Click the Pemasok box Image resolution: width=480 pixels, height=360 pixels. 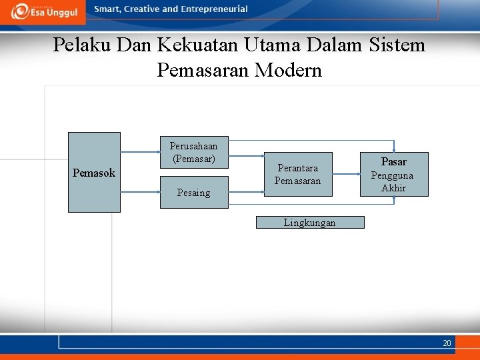tap(94, 173)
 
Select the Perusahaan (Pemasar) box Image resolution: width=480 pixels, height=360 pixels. tap(193, 153)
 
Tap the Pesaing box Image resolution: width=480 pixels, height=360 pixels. tap(193, 193)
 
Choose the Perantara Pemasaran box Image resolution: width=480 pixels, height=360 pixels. tap(297, 175)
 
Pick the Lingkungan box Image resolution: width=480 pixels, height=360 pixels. tap(310, 223)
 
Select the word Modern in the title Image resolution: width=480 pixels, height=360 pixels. tap(289, 70)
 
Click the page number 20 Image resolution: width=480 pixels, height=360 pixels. tap(447, 343)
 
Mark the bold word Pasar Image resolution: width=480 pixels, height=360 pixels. tap(393, 162)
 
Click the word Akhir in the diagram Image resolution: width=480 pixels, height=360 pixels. tap(393, 188)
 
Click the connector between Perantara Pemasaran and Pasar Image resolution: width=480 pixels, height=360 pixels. tap(345, 175)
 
